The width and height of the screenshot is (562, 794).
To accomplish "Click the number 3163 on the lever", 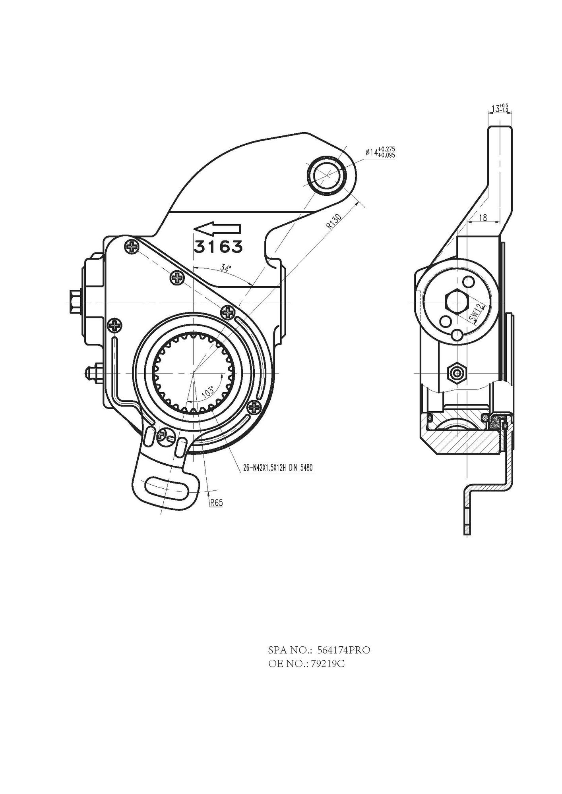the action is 218,247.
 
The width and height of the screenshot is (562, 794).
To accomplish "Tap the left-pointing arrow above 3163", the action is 217,229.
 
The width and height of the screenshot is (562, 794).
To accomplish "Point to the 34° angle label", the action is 226,268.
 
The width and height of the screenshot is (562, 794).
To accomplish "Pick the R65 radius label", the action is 217,503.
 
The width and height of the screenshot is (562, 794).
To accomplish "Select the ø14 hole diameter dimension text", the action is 380,152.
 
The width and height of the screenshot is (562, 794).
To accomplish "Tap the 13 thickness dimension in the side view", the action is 500,108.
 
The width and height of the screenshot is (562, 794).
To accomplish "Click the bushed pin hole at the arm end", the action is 326,174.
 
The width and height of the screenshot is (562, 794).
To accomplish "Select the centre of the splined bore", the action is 194,373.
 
